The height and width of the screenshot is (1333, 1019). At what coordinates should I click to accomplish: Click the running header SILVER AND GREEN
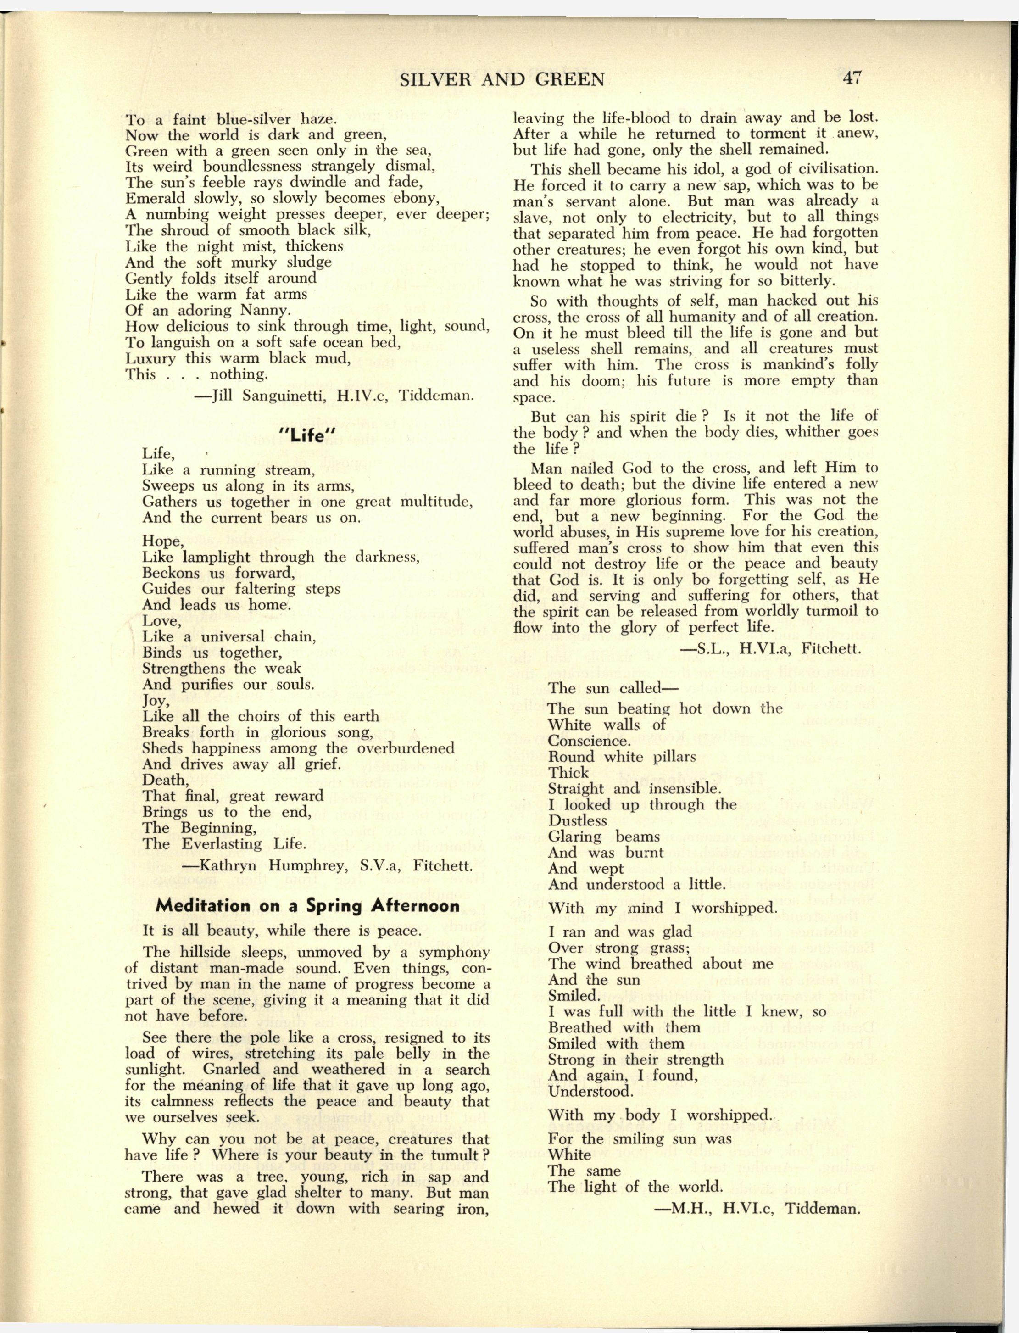(502, 79)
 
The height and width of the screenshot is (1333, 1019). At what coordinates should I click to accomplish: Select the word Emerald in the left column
(156, 198)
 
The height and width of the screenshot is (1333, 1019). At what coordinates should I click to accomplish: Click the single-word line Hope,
(162, 541)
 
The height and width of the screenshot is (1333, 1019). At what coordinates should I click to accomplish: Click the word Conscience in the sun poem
(589, 741)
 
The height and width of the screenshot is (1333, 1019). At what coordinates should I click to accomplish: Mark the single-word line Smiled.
(574, 995)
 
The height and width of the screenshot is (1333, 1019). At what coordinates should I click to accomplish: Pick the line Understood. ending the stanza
(590, 1091)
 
